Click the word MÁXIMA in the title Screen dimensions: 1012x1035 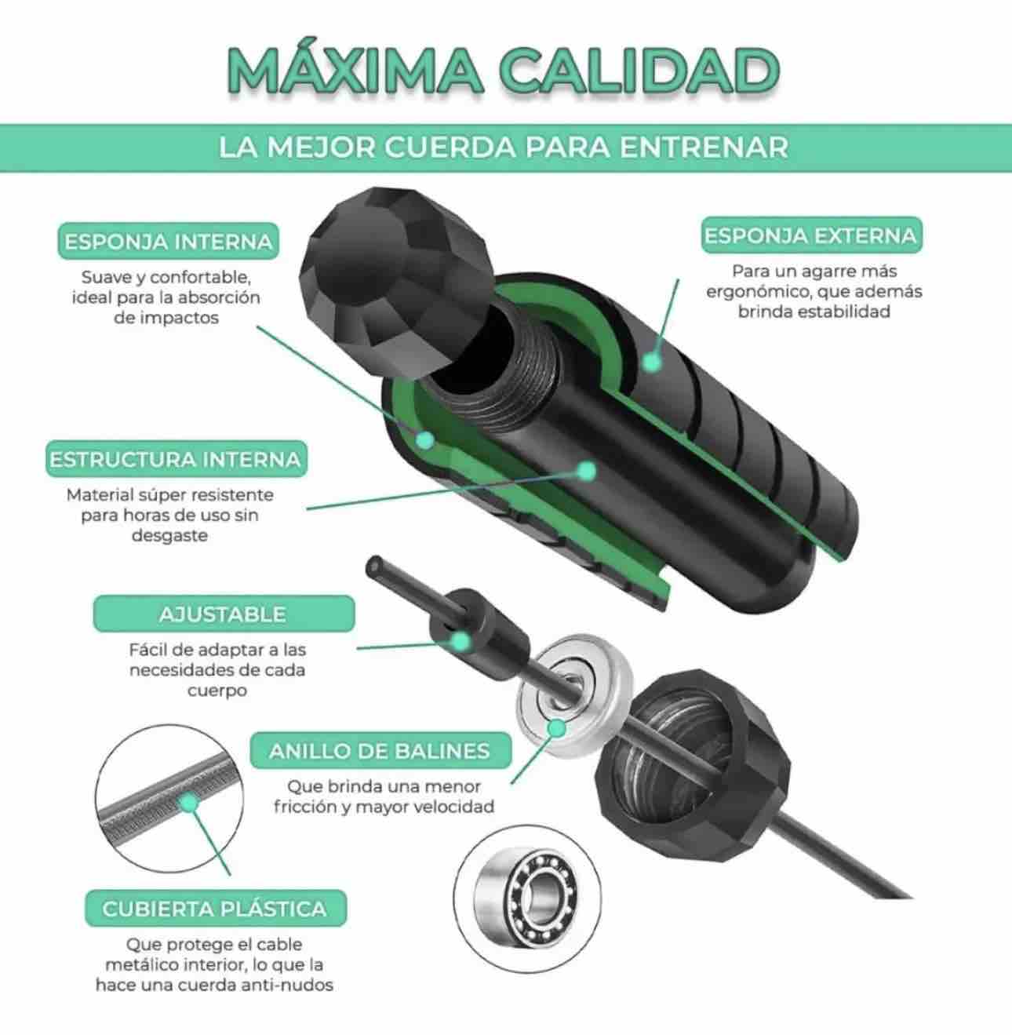point(355,71)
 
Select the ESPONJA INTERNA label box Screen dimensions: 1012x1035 point(168,242)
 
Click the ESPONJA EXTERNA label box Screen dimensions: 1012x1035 point(811,235)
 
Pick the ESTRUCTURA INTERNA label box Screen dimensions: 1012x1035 point(176,459)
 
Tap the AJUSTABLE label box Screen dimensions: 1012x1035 point(224,614)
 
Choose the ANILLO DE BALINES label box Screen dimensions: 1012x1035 point(380,751)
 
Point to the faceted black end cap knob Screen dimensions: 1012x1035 point(396,279)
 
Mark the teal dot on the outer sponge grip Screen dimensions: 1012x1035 point(652,363)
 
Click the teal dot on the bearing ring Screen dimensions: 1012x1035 point(557,727)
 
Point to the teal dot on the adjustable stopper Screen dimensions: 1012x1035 point(461,641)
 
